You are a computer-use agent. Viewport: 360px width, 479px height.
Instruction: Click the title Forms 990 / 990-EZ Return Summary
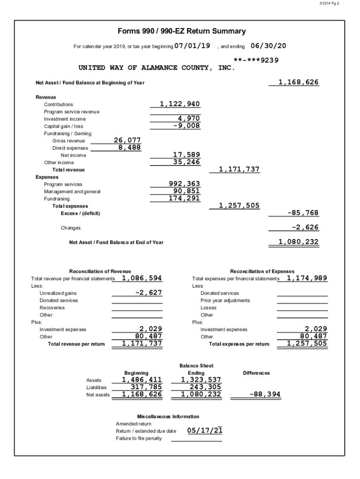tap(182, 31)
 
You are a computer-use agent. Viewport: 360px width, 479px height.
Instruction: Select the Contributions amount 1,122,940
tap(180, 104)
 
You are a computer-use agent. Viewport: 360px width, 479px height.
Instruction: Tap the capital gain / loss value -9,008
tap(186, 126)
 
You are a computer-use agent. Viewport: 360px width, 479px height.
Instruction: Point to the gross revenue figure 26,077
tap(127, 140)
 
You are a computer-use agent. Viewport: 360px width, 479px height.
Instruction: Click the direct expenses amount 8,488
tap(129, 147)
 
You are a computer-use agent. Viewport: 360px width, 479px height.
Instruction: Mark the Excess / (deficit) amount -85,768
tap(302, 213)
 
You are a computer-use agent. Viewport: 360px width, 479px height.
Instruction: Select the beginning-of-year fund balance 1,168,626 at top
tap(298, 82)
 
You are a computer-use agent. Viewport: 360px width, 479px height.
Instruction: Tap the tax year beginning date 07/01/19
tap(192, 46)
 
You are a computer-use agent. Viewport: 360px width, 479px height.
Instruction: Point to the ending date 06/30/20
tap(268, 46)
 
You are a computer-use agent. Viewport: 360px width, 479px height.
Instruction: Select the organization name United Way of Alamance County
tap(157, 68)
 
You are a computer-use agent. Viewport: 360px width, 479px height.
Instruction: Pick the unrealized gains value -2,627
tap(148, 292)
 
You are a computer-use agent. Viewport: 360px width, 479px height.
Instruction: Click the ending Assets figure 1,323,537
tap(201, 380)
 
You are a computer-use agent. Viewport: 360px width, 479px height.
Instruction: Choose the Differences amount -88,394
tap(265, 394)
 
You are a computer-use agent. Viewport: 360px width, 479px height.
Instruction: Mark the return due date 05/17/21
tap(204, 430)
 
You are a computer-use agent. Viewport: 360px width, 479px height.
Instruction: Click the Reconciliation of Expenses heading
tap(262, 271)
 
